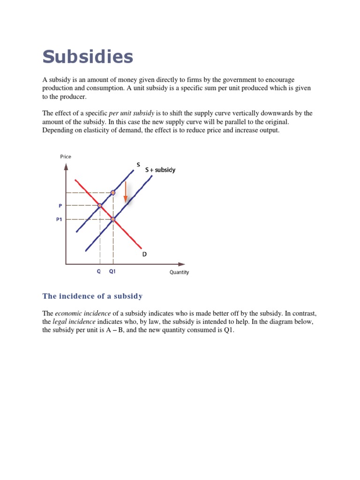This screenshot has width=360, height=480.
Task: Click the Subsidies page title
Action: pyautogui.click(x=88, y=57)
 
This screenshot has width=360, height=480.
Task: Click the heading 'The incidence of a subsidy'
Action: pyautogui.click(x=92, y=296)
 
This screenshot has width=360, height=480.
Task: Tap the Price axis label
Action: pyautogui.click(x=66, y=157)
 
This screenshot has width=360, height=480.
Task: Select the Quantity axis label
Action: pyautogui.click(x=179, y=272)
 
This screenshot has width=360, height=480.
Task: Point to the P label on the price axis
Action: pyautogui.click(x=60, y=205)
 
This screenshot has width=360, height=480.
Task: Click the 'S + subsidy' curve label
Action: pyautogui.click(x=160, y=170)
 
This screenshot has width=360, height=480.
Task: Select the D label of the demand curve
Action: pyautogui.click(x=144, y=254)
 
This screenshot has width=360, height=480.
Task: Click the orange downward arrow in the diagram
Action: pyautogui.click(x=125, y=192)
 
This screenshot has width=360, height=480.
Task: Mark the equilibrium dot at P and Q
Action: pyautogui.click(x=100, y=205)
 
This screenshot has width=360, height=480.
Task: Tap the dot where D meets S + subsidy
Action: pyautogui.click(x=113, y=219)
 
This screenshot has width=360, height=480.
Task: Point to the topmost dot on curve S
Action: pyautogui.click(x=113, y=193)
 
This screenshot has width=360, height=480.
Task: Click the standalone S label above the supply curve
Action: pyautogui.click(x=138, y=164)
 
